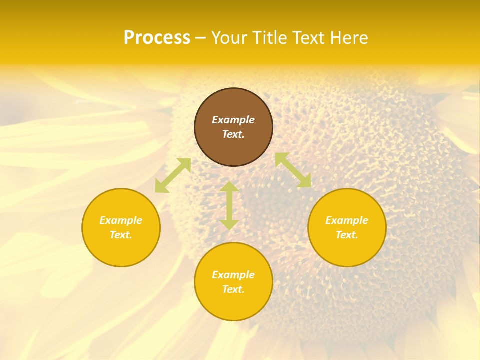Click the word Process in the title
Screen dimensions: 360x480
157,38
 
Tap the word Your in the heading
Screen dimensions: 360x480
230,38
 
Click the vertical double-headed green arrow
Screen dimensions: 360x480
229,205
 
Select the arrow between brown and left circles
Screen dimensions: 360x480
173,175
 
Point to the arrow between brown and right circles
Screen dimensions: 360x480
293,170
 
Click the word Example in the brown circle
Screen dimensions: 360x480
233,120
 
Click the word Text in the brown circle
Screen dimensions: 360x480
233,134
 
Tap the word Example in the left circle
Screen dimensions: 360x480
121,220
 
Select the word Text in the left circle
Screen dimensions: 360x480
121,235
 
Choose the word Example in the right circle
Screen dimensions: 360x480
347,220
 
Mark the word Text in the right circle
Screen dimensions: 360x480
347,235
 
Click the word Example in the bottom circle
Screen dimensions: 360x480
233,275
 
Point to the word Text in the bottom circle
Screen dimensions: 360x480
233,289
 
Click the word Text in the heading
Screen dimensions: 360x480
308,38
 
